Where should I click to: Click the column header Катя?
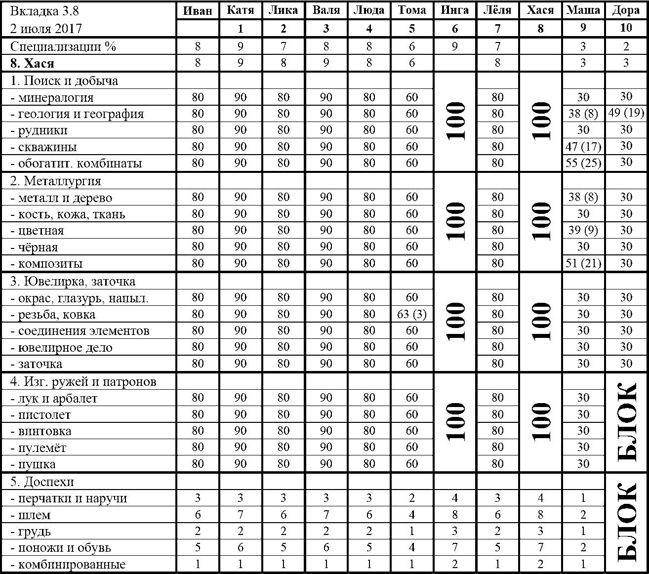click(x=240, y=10)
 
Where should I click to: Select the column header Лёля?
click(x=497, y=10)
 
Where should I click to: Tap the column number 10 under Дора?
click(x=626, y=28)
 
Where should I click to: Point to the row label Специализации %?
click(x=63, y=47)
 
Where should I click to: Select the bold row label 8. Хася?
click(x=33, y=63)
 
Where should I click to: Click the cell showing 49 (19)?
click(x=626, y=113)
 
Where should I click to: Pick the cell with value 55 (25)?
click(x=583, y=163)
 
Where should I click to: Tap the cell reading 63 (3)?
click(x=412, y=314)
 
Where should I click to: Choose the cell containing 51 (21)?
click(x=583, y=263)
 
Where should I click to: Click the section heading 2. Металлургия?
click(x=55, y=181)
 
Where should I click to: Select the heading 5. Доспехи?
click(x=42, y=482)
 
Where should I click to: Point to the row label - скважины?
click(x=43, y=147)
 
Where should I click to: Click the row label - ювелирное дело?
click(x=61, y=348)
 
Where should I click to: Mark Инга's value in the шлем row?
click(x=454, y=515)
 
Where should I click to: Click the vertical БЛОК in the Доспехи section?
click(x=626, y=523)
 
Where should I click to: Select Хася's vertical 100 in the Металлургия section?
click(x=541, y=221)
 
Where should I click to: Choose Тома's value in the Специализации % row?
click(x=412, y=47)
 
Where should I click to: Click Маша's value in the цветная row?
click(x=583, y=230)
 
